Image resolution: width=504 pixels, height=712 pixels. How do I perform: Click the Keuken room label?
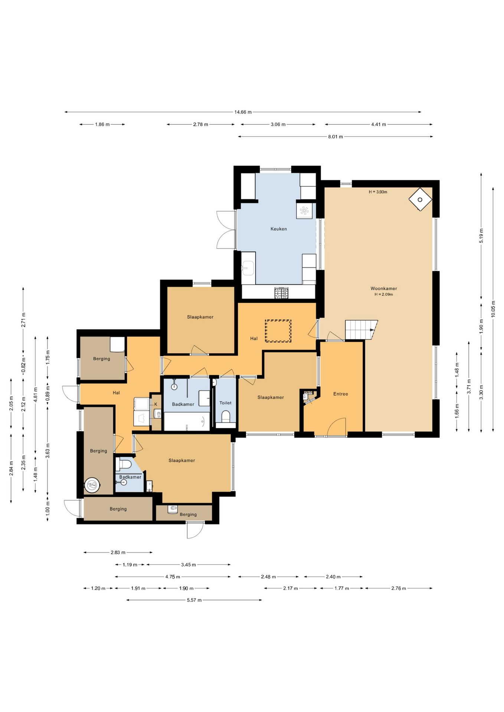pyautogui.click(x=278, y=229)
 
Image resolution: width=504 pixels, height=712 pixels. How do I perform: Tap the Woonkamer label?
pyautogui.click(x=384, y=289)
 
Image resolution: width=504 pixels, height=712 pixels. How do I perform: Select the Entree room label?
pyautogui.click(x=341, y=394)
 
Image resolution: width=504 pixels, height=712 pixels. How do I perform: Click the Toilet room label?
pyautogui.click(x=225, y=403)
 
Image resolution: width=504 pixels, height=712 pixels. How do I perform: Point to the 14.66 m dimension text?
pyautogui.click(x=243, y=112)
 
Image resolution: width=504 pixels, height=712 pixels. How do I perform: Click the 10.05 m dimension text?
pyautogui.click(x=493, y=309)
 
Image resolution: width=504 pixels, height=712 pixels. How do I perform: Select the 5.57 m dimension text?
pyautogui.click(x=194, y=600)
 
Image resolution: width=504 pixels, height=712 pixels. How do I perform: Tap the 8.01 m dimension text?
pyautogui.click(x=336, y=137)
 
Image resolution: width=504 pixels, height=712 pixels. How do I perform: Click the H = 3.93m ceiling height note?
pyautogui.click(x=378, y=192)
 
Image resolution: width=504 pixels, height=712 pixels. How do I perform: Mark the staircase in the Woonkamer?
pyautogui.click(x=361, y=330)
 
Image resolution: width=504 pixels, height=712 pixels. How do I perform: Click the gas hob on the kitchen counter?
pyautogui.click(x=281, y=293)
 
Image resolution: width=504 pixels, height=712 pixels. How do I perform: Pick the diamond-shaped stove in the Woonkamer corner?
pyautogui.click(x=420, y=200)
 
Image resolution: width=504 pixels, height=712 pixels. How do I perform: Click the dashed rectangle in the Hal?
pyautogui.click(x=278, y=331)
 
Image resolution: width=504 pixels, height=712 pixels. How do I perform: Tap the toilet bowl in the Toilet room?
pyautogui.click(x=226, y=416)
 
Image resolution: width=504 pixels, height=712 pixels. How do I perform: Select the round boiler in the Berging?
pyautogui.click(x=92, y=485)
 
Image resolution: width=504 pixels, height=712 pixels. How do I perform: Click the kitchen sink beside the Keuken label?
pyautogui.click(x=248, y=268)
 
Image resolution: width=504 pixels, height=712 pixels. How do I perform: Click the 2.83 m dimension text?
pyautogui.click(x=118, y=553)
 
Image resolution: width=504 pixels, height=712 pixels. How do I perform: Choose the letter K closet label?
pyautogui.click(x=156, y=404)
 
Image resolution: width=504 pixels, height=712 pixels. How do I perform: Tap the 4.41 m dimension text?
pyautogui.click(x=379, y=125)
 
